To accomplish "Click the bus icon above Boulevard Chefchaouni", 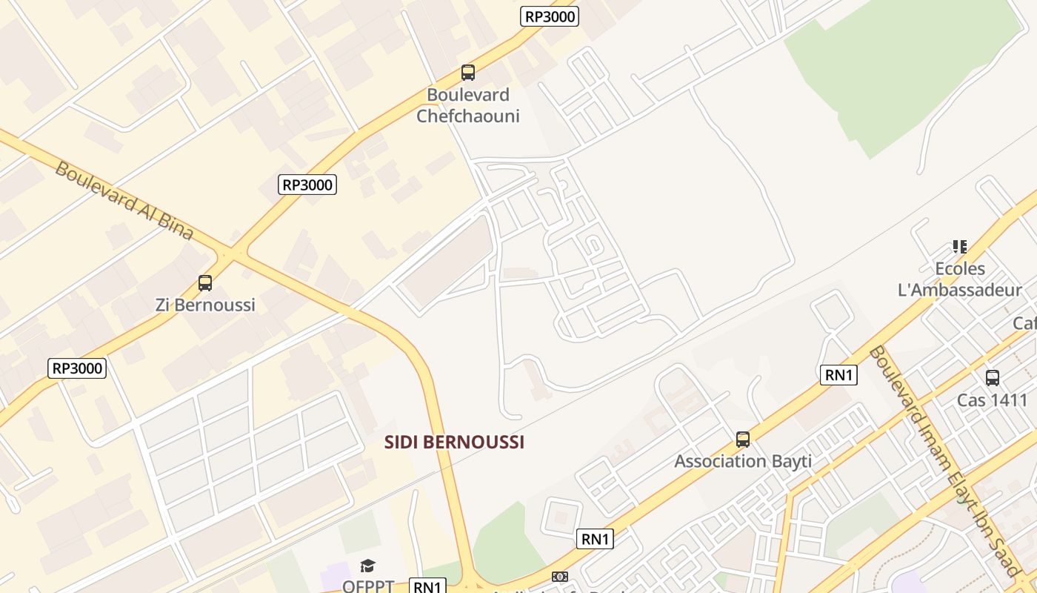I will (x=467, y=72).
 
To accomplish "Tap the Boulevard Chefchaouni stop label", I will (x=467, y=105).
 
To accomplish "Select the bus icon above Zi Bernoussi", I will (x=205, y=282).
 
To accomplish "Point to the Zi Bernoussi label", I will (x=205, y=305).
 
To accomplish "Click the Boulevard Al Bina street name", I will (x=124, y=200).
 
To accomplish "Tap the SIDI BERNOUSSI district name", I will (x=454, y=443).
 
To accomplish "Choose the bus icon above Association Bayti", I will (x=743, y=440).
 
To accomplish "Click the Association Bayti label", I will (x=743, y=461).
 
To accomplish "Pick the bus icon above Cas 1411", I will (x=993, y=378).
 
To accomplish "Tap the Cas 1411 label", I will (x=993, y=400).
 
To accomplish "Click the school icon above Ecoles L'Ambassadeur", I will (x=960, y=246).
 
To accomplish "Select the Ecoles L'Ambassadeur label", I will (x=960, y=279).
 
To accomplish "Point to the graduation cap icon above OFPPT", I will (x=368, y=566).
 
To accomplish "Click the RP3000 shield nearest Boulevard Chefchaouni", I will (x=550, y=16).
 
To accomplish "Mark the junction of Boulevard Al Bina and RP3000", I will (x=232, y=254).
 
